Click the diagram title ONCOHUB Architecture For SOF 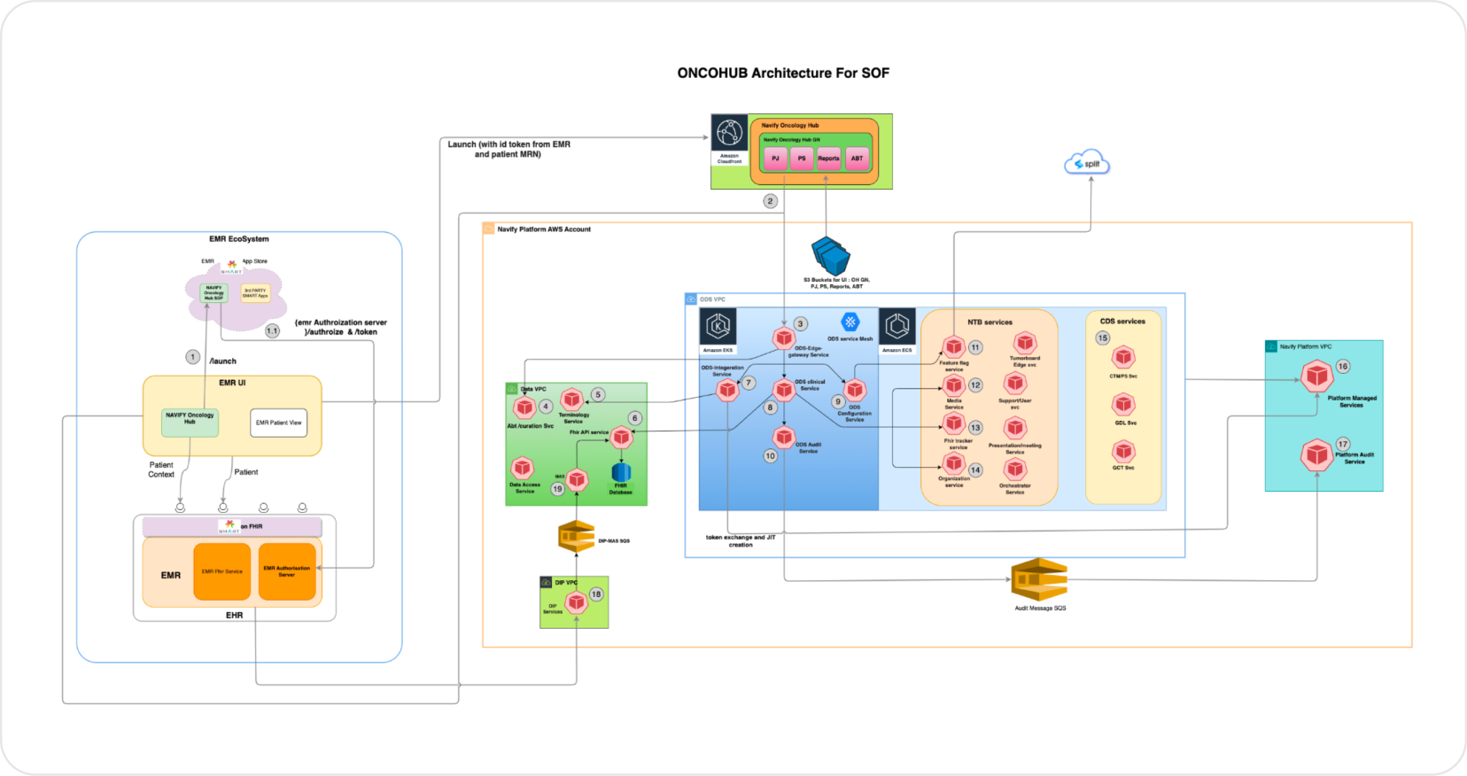click(x=783, y=74)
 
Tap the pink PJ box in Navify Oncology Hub click(x=775, y=159)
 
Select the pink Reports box click(x=828, y=159)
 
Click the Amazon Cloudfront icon click(x=730, y=134)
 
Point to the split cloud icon click(x=1087, y=163)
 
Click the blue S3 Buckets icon click(x=831, y=256)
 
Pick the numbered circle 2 click(x=770, y=201)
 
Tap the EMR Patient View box click(x=278, y=423)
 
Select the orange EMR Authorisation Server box click(x=287, y=571)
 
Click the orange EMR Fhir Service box click(x=221, y=571)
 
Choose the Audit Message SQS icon click(x=1039, y=579)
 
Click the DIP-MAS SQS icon click(x=576, y=537)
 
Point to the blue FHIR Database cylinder click(x=621, y=473)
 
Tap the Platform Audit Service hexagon click(x=1316, y=455)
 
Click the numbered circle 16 click(x=1343, y=366)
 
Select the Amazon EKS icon click(x=718, y=327)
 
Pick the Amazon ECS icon click(x=896, y=327)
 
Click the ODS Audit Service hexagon click(x=784, y=437)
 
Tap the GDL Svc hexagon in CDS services click(x=1123, y=405)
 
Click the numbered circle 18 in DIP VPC click(x=596, y=594)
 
